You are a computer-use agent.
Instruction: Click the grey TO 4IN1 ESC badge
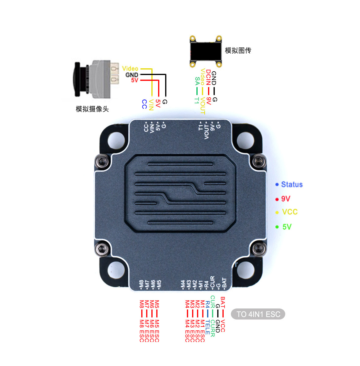(258, 314)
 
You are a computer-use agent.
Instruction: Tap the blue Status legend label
(292, 184)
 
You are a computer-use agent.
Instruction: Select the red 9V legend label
(286, 199)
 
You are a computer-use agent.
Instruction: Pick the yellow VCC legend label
(290, 212)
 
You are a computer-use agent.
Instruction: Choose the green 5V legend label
(287, 227)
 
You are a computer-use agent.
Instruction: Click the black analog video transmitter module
(206, 51)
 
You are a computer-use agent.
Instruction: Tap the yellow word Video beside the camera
(130, 69)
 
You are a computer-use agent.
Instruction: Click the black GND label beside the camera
(132, 75)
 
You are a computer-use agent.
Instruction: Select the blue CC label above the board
(145, 104)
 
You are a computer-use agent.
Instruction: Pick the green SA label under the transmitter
(197, 81)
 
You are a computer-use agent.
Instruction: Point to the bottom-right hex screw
(259, 249)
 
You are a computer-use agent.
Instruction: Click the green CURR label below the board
(213, 328)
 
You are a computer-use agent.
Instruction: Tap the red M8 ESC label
(142, 331)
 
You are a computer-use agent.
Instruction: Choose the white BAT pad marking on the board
(224, 283)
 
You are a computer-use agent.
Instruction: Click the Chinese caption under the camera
(92, 109)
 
